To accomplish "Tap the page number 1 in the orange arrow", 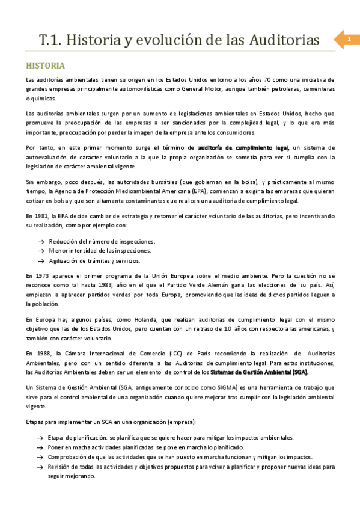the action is (x=348, y=40).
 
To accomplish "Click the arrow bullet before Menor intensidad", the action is (x=41, y=251).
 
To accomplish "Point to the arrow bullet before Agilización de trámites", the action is (x=41, y=261).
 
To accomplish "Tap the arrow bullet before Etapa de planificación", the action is (x=40, y=438).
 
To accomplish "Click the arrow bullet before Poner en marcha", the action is (x=40, y=447).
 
